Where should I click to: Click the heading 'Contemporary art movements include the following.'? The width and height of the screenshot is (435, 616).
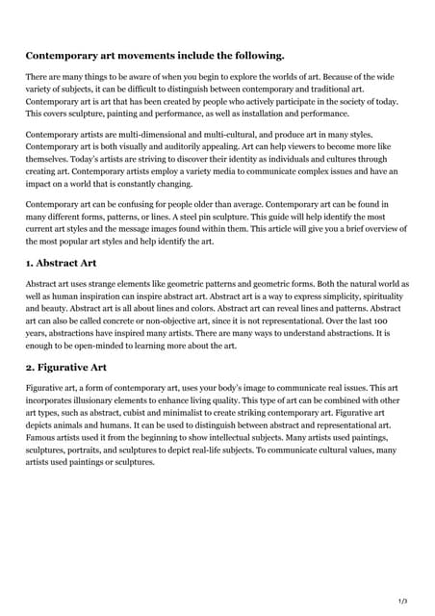pos(154,55)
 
